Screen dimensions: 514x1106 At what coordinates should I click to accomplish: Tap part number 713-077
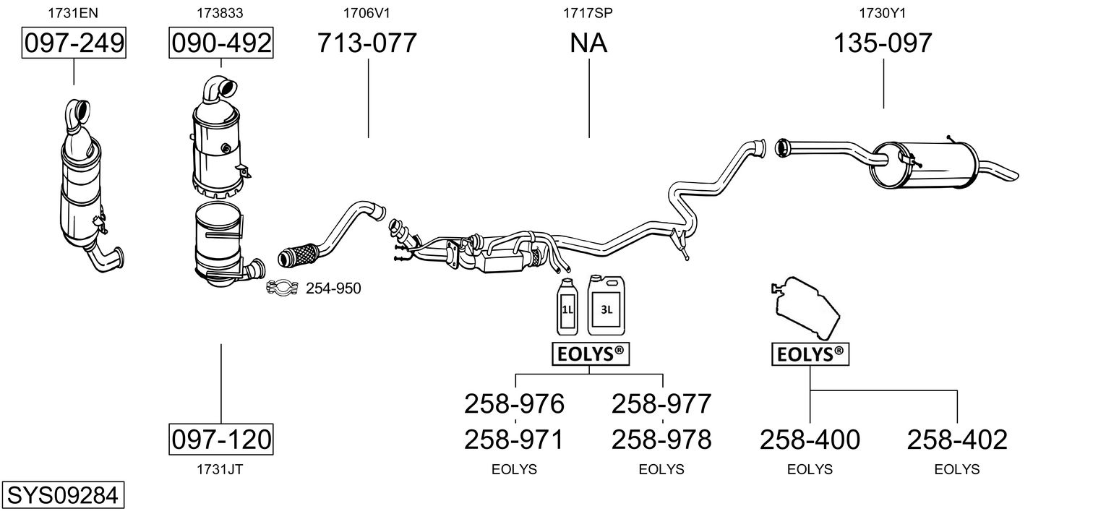pyautogui.click(x=367, y=43)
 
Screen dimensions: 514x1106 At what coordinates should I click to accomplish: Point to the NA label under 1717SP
pyautogui.click(x=588, y=43)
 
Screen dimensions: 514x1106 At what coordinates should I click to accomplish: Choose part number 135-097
pyautogui.click(x=883, y=43)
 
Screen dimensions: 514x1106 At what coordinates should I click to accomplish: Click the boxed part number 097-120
pyautogui.click(x=221, y=439)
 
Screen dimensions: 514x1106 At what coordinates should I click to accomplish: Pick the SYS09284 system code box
pyautogui.click(x=61, y=495)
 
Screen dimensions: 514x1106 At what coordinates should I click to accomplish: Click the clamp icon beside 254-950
pyautogui.click(x=283, y=288)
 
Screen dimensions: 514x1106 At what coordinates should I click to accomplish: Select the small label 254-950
pyautogui.click(x=333, y=289)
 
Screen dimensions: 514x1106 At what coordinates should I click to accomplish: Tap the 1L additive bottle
pyautogui.click(x=566, y=307)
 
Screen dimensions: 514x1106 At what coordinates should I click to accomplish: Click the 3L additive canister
pyautogui.click(x=606, y=305)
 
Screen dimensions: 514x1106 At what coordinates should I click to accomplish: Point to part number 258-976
pyautogui.click(x=514, y=403)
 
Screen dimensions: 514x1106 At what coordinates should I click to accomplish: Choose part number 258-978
pyautogui.click(x=661, y=439)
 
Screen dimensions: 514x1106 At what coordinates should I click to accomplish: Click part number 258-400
pyautogui.click(x=810, y=439)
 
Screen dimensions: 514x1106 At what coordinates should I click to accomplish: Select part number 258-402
pyautogui.click(x=957, y=439)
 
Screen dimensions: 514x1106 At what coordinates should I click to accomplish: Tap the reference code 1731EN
pyautogui.click(x=73, y=12)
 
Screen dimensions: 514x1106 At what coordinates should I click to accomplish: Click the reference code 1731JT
pyautogui.click(x=220, y=469)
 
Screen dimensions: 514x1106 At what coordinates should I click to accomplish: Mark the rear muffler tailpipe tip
pyautogui.click(x=1009, y=174)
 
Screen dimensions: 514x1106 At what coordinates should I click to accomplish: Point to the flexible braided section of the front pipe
pyautogui.click(x=298, y=254)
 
